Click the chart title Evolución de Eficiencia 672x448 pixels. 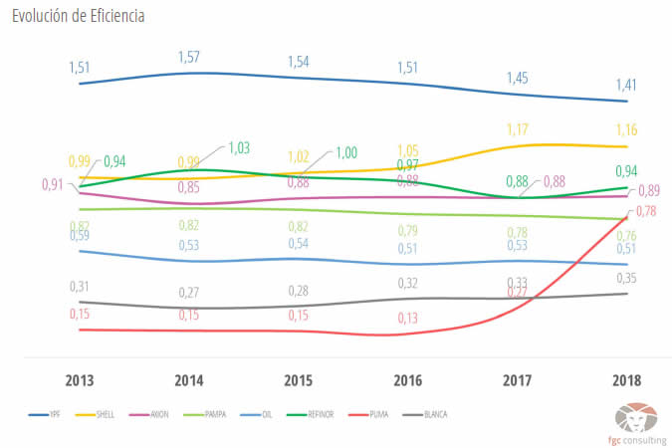pyautogui.click(x=79, y=16)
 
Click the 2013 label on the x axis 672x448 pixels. pyautogui.click(x=80, y=380)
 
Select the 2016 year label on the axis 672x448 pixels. pyautogui.click(x=407, y=380)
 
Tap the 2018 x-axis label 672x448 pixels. pyautogui.click(x=625, y=380)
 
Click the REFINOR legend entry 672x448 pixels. pyautogui.click(x=317, y=413)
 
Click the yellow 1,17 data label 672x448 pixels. pyautogui.click(x=518, y=129)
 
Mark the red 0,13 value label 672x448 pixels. pyautogui.click(x=407, y=318)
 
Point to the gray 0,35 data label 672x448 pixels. pyautogui.click(x=626, y=278)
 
